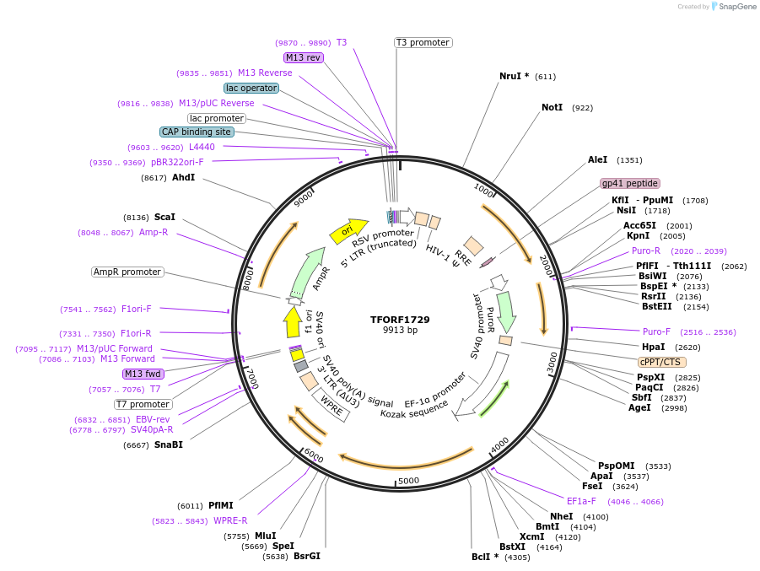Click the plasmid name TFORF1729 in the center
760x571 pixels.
[400, 320]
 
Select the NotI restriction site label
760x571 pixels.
[552, 108]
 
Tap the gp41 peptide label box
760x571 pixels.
[629, 183]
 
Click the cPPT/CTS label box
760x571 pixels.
[662, 362]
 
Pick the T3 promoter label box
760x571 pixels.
[423, 43]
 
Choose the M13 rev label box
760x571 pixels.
[303, 57]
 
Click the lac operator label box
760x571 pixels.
[251, 88]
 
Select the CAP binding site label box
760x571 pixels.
[197, 132]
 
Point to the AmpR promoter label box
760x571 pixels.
[127, 272]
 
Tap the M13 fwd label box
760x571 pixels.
[142, 374]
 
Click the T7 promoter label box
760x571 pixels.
[143, 404]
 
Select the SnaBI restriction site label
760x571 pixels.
[168, 444]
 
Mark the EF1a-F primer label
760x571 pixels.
[581, 501]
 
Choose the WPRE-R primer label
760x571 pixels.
[230, 520]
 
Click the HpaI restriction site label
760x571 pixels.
[653, 347]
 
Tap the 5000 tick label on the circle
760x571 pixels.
[408, 481]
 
